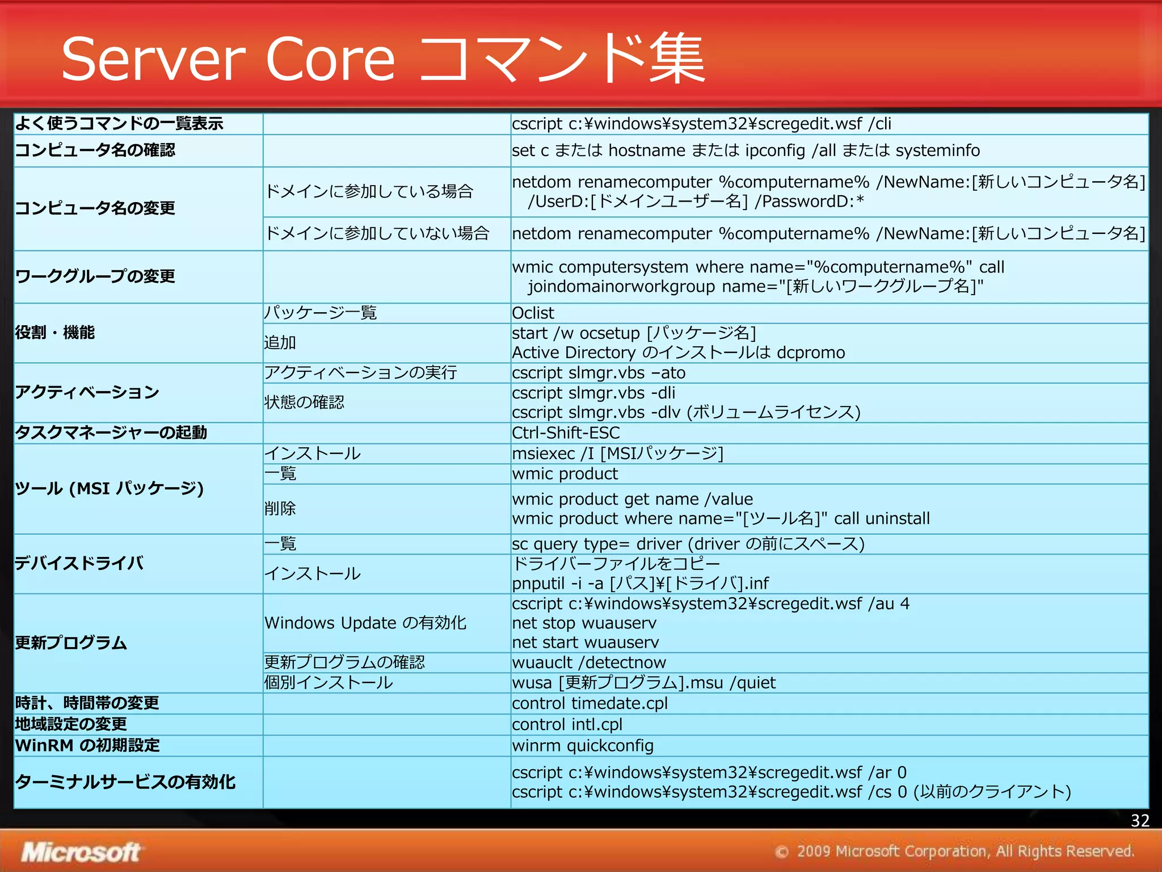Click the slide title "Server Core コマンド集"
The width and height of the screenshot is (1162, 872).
[383, 59]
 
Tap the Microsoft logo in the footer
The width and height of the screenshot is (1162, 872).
[81, 852]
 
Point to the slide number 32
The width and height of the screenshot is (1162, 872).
[1139, 820]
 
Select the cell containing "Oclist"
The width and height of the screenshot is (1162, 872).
[533, 313]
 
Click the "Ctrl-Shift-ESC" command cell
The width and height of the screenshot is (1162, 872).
[566, 433]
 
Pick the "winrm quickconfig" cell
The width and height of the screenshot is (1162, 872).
[583, 745]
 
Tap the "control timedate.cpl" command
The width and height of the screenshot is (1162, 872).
[590, 703]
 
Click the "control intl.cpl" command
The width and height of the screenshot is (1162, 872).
[567, 724]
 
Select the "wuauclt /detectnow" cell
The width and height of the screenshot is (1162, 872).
[589, 663]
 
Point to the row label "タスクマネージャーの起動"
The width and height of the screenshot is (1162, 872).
[111, 433]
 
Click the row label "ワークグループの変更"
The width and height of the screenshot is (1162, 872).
[95, 276]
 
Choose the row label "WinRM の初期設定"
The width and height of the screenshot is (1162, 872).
[87, 745]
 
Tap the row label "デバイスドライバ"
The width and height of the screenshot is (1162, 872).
[79, 563]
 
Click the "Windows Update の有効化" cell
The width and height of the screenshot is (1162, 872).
[365, 623]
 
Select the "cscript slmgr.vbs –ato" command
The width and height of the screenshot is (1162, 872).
[599, 373]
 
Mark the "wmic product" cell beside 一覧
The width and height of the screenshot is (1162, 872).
[565, 473]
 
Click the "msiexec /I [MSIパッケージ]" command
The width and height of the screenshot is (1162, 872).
[617, 453]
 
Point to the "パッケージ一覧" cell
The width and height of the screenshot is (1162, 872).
[321, 313]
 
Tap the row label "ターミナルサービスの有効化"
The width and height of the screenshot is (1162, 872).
[125, 782]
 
